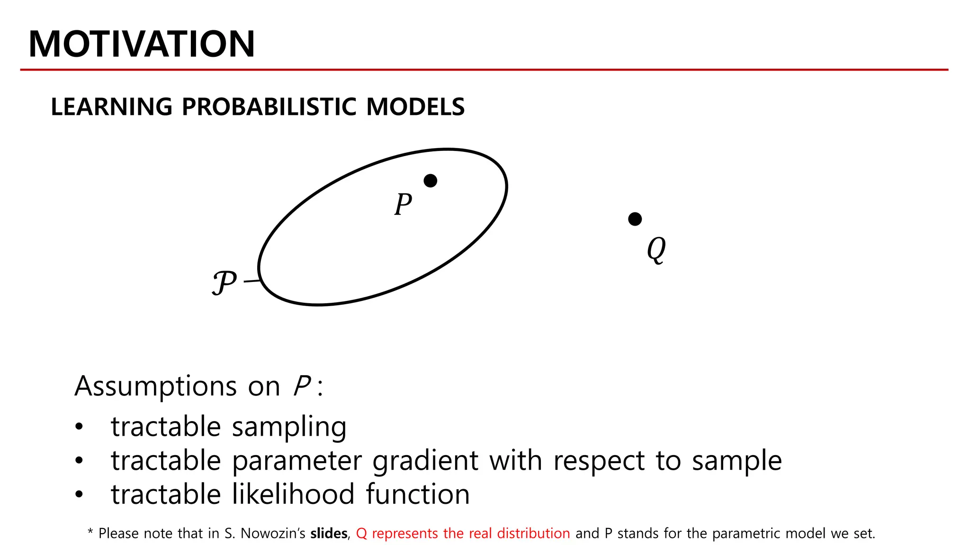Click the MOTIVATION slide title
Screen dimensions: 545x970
(141, 44)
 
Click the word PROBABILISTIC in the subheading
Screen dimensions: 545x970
(269, 107)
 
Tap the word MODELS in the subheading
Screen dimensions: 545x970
(415, 107)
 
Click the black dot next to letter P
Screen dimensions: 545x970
(430, 181)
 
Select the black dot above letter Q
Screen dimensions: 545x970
(635, 219)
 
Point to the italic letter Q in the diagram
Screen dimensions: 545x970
(656, 249)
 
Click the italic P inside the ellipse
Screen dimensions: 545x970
(403, 204)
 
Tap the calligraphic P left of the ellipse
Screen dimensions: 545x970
(224, 282)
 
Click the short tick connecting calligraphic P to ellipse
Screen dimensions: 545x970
(252, 281)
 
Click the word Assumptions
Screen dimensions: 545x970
(155, 386)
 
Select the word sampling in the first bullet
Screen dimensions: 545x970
(289, 427)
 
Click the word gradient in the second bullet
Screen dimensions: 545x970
(425, 461)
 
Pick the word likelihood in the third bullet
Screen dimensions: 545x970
(293, 494)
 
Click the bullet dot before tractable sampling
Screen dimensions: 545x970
(79, 427)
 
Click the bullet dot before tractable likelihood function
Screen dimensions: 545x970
(79, 494)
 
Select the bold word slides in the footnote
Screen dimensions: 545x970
(329, 534)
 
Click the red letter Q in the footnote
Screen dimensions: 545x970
(361, 534)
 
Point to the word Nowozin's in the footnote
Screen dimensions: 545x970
(273, 534)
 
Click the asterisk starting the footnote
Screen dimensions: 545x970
(90, 532)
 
